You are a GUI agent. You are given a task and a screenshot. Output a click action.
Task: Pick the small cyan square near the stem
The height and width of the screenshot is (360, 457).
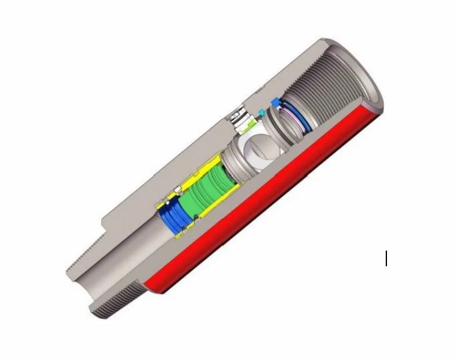(x=261, y=113)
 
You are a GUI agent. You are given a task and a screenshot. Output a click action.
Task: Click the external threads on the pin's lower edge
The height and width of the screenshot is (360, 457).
(x=119, y=300)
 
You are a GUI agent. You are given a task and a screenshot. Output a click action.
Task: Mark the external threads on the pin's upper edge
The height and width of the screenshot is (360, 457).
(x=84, y=256)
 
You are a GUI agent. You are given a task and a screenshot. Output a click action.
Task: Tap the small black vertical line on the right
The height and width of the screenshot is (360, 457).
(x=386, y=258)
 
